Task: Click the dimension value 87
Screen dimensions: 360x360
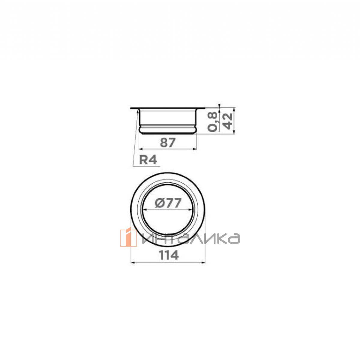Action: (x=168, y=142)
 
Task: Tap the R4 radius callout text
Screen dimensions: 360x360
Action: (x=148, y=160)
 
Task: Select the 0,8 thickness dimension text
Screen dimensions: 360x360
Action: (x=212, y=122)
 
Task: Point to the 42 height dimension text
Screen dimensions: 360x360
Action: (x=228, y=121)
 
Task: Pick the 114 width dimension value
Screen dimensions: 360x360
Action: (x=169, y=255)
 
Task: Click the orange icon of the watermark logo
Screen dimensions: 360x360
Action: (x=128, y=238)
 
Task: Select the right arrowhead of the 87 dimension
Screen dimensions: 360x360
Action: (x=195, y=149)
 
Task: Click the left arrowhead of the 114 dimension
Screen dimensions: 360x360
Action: (x=133, y=263)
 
